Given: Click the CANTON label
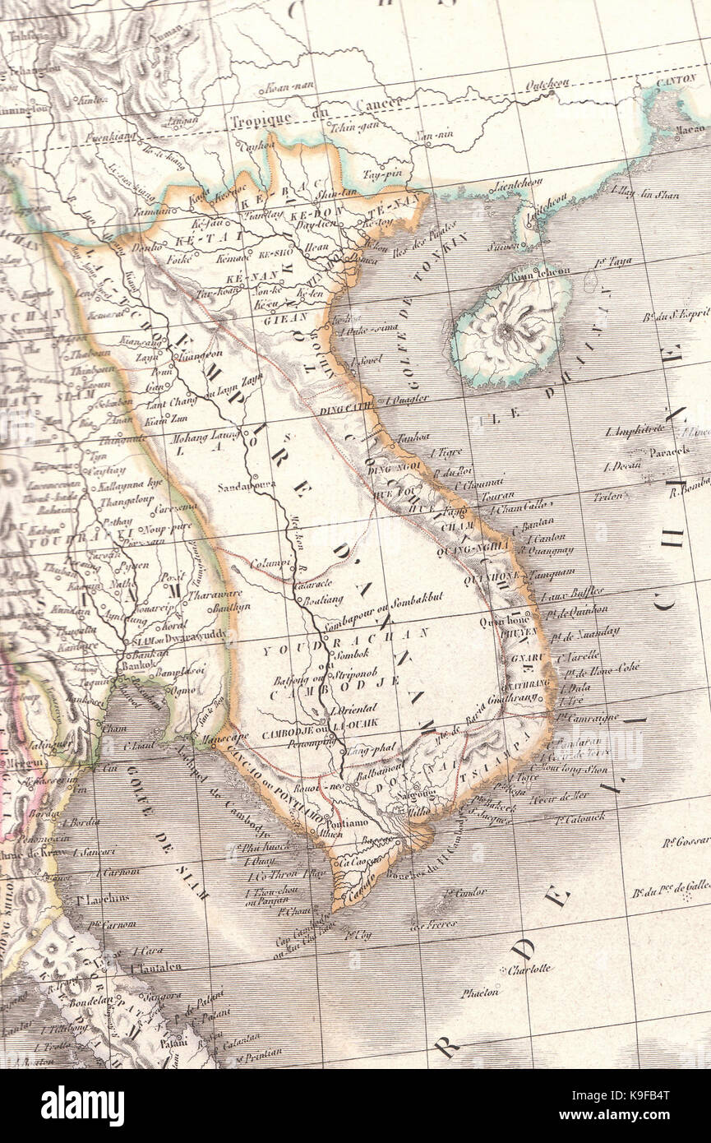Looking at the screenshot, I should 676,81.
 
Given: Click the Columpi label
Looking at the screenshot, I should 272,563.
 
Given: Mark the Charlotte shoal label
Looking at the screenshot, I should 529,969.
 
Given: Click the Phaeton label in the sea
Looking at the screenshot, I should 479,993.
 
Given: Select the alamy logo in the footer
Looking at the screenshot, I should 83,1105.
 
